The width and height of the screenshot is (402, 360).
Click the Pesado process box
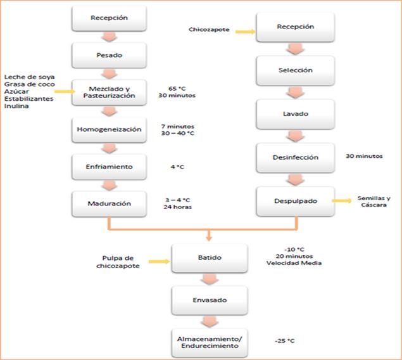(110, 55)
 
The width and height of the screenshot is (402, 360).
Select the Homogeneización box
(110, 129)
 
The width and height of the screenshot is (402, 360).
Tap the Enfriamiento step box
(110, 167)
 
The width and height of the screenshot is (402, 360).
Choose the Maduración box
(110, 203)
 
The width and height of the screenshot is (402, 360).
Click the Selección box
(296, 70)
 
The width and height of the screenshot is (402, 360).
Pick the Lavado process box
(296, 114)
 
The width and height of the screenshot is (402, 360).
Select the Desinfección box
(296, 158)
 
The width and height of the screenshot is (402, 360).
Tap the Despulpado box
(296, 201)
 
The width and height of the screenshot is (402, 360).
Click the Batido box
(210, 258)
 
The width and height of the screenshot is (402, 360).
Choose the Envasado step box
(210, 300)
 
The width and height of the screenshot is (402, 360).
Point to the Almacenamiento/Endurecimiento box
(210, 342)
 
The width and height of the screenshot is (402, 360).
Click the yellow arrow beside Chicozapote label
(246, 32)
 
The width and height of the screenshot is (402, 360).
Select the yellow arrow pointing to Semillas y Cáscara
(342, 201)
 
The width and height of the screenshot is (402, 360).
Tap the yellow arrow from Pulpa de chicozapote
(159, 262)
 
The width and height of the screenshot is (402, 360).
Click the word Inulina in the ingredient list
(16, 106)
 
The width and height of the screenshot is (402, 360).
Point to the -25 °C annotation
(285, 341)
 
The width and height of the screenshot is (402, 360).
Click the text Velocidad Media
(294, 263)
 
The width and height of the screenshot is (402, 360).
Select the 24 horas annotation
(178, 207)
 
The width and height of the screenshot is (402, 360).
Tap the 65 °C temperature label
(177, 89)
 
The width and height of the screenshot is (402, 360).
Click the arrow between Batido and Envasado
(210, 279)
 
